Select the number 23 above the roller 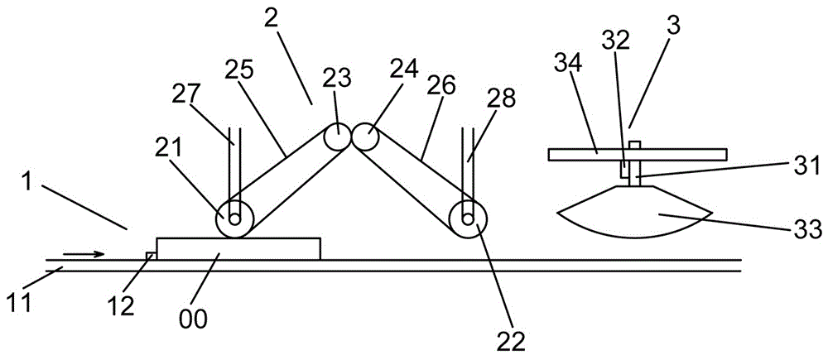coord(337,79)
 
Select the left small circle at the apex coord(337,137)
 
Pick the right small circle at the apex coord(365,137)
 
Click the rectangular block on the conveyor coord(238,248)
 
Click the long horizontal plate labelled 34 coord(638,154)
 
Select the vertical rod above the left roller coord(234,166)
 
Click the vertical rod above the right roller coord(469,166)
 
